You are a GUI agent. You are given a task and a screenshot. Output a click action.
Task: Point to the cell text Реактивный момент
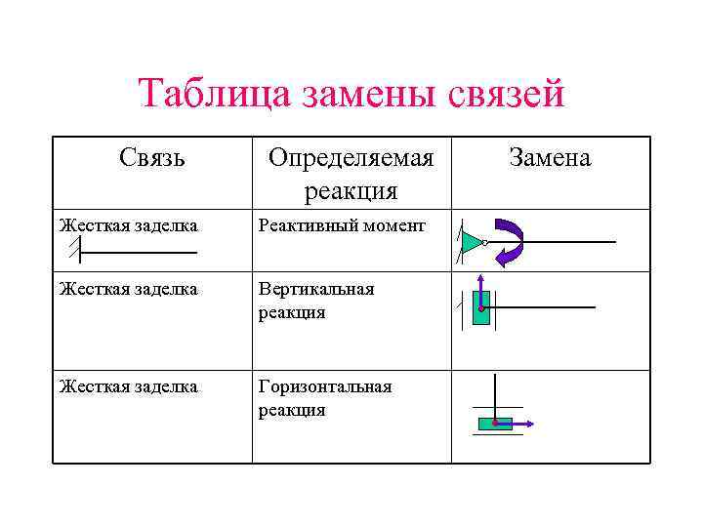342,226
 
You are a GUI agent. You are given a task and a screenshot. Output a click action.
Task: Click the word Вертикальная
316,290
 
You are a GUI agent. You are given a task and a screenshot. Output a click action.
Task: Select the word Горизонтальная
325,386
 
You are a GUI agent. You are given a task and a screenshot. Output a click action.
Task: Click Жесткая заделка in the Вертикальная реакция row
128,290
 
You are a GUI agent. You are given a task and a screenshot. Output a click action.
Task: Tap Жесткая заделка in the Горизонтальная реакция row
128,386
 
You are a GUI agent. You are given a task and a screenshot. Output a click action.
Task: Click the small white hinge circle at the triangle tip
485,242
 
